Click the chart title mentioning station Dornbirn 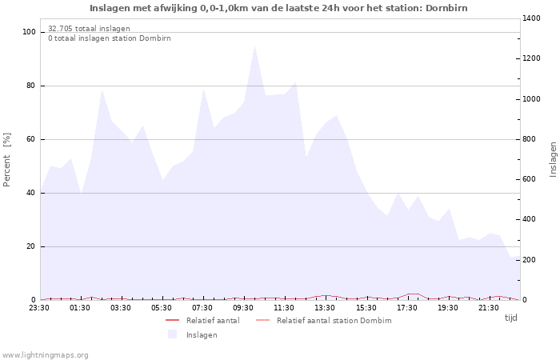coord(278,8)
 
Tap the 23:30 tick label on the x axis coord(40,307)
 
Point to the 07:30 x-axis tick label coord(203,307)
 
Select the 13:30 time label coord(325,307)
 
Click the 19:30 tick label coord(447,307)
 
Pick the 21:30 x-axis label coord(488,307)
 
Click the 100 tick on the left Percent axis coord(29,32)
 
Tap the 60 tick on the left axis coord(31,139)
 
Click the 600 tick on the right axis coord(531,179)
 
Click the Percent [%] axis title coord(7,160)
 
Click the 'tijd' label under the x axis coord(510,318)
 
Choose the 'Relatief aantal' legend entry coord(212,321)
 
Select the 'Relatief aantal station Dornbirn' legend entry coord(334,321)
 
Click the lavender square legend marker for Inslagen coord(172,334)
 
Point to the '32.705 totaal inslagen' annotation coord(89,28)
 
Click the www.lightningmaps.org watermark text coord(45,355)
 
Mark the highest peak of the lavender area coord(254,46)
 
